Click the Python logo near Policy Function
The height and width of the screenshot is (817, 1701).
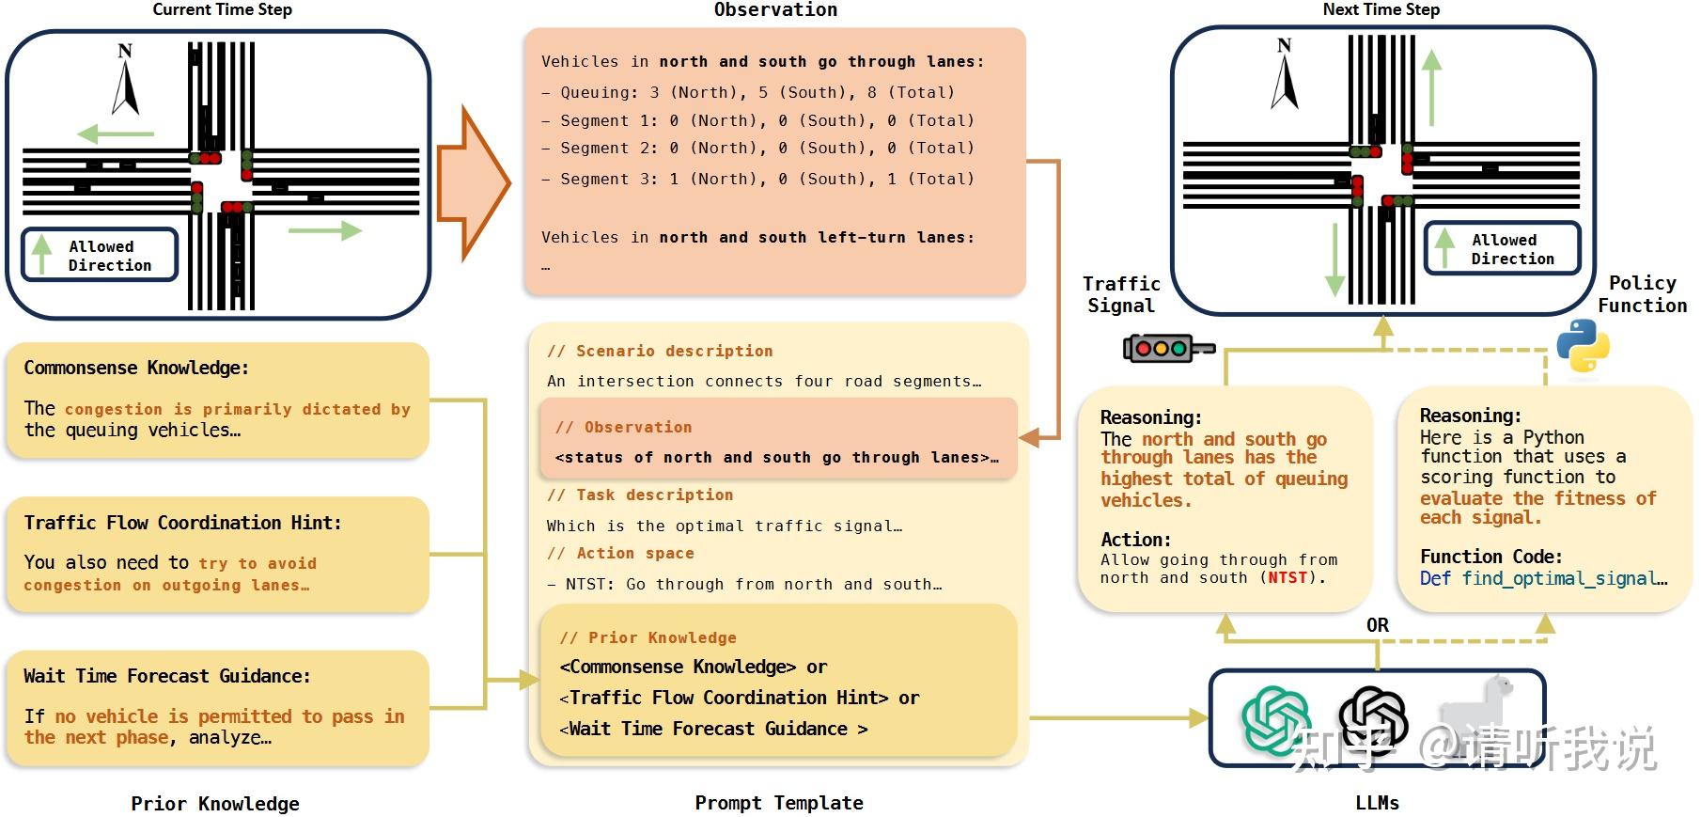click(x=1583, y=346)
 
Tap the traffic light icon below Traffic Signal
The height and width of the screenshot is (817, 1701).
click(x=1168, y=348)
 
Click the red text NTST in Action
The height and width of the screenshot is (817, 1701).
click(x=1287, y=577)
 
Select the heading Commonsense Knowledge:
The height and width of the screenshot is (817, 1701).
click(x=136, y=368)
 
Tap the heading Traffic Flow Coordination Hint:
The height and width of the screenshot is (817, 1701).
click(x=182, y=523)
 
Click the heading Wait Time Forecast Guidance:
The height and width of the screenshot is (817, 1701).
click(x=166, y=676)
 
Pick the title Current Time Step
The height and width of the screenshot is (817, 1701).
click(x=222, y=9)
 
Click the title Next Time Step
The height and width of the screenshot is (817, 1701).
click(x=1381, y=9)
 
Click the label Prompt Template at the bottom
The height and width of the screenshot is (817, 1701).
click(x=778, y=803)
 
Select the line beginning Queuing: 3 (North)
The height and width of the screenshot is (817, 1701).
click(x=757, y=92)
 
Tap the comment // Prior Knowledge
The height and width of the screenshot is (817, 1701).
click(x=648, y=637)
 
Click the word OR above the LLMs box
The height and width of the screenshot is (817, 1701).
click(x=1377, y=625)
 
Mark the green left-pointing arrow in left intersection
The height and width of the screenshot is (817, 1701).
click(x=116, y=134)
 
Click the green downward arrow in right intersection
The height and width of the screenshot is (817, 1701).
click(x=1334, y=259)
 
